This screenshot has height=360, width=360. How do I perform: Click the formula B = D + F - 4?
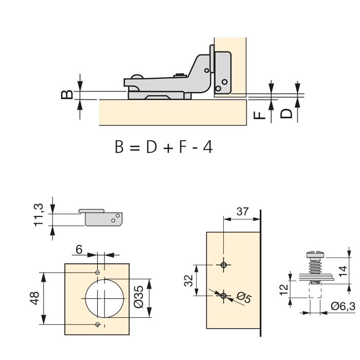click(x=164, y=148)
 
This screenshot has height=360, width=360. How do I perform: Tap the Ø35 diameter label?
click(x=138, y=299)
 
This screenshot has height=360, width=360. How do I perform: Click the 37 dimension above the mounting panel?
click(x=243, y=211)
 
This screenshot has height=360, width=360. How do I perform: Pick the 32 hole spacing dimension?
click(x=189, y=280)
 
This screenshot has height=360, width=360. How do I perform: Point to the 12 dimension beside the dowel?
click(x=283, y=290)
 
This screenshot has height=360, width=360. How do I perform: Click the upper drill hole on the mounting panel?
click(x=223, y=265)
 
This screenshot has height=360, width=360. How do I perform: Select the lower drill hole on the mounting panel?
click(x=223, y=295)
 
